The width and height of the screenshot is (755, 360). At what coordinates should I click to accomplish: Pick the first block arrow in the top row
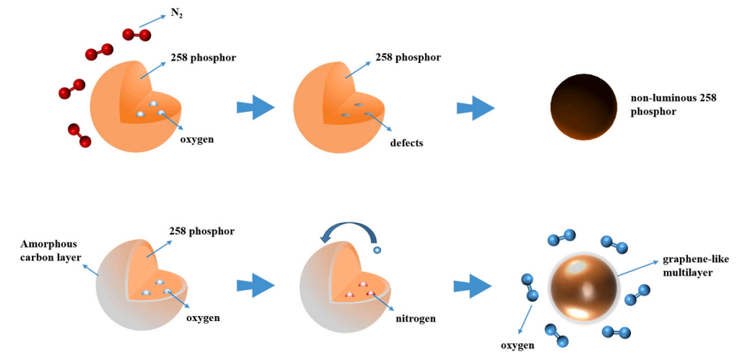256,108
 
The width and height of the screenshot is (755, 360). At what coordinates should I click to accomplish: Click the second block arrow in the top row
475,108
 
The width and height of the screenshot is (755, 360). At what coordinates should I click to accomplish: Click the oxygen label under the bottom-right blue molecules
518,346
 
